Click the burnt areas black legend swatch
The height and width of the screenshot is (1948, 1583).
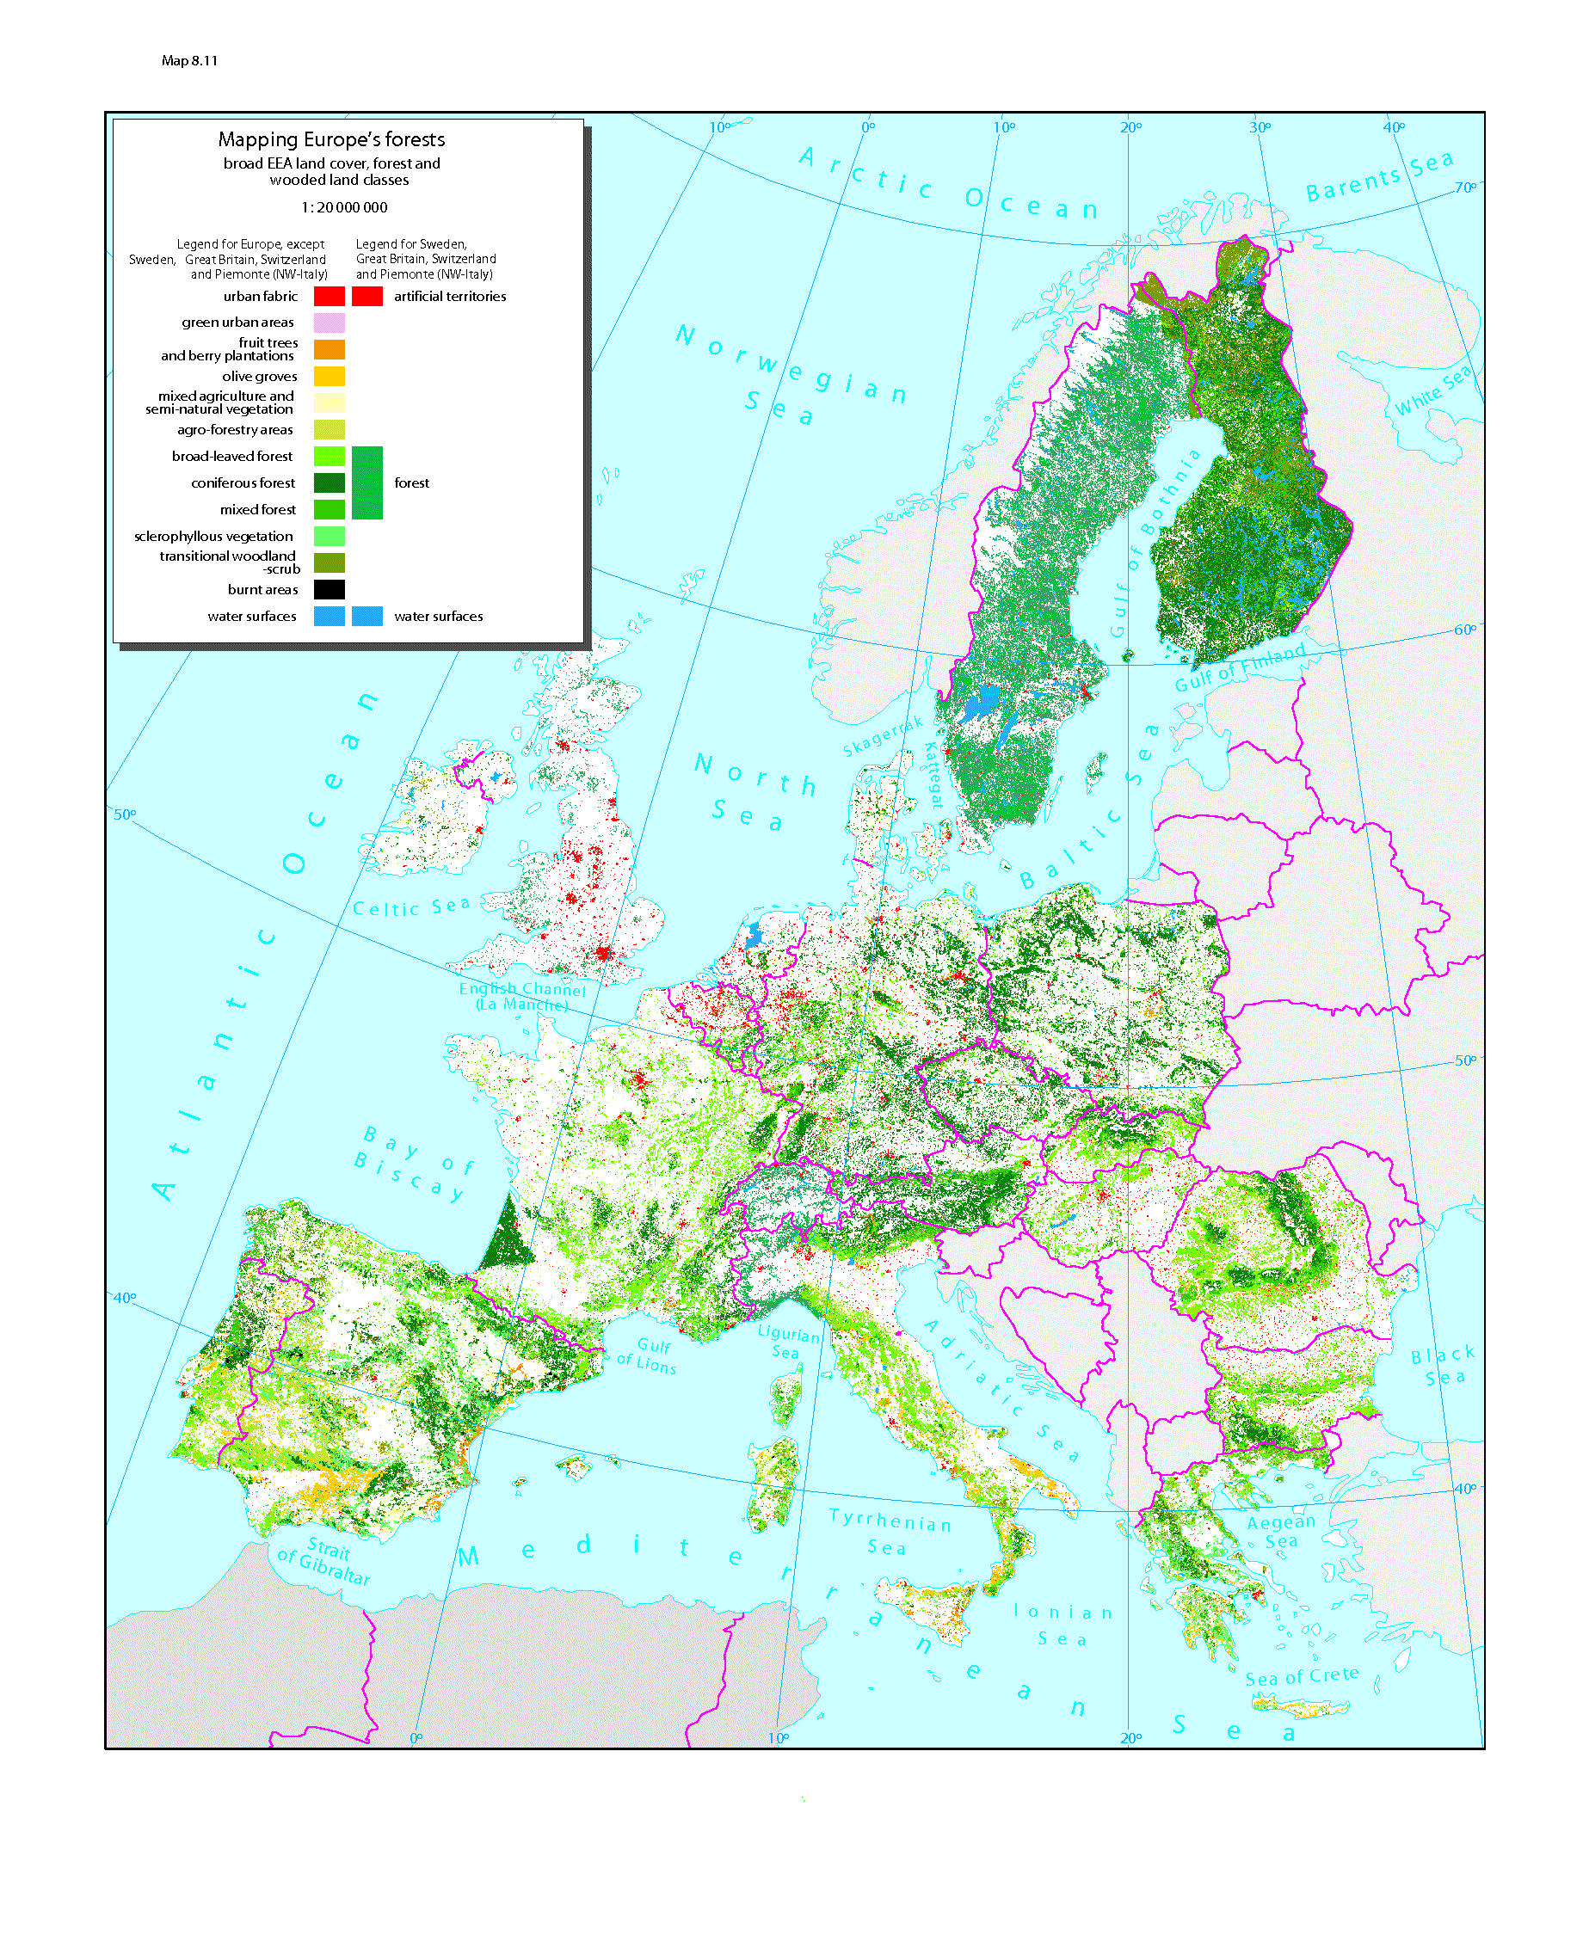click(330, 590)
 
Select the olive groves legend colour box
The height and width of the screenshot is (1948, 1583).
click(330, 376)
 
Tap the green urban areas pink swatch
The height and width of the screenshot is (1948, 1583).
click(330, 323)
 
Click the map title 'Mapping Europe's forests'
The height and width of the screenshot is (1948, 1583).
click(331, 139)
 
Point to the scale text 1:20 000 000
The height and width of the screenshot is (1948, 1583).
click(344, 208)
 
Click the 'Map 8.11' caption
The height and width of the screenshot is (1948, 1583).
click(188, 61)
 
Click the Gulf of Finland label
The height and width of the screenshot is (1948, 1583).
click(1239, 668)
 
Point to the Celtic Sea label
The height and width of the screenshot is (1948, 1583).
click(411, 907)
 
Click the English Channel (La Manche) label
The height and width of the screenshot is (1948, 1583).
click(521, 996)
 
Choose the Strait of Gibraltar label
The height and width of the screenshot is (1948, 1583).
click(324, 1559)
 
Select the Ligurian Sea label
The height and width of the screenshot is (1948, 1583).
click(788, 1342)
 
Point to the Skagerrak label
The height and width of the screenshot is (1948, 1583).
click(882, 736)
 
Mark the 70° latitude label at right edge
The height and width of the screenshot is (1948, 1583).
click(1464, 187)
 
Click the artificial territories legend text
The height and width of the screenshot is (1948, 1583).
click(450, 296)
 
